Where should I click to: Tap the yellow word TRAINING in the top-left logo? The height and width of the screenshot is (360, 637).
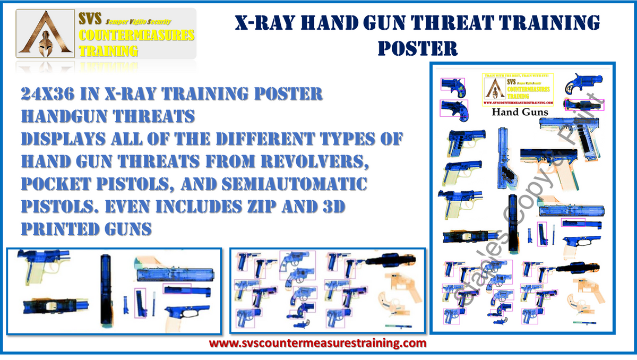click(x=108, y=51)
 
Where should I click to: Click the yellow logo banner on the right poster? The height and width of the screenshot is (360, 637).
click(x=518, y=89)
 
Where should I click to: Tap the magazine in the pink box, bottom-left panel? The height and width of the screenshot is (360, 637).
click(x=140, y=303)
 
